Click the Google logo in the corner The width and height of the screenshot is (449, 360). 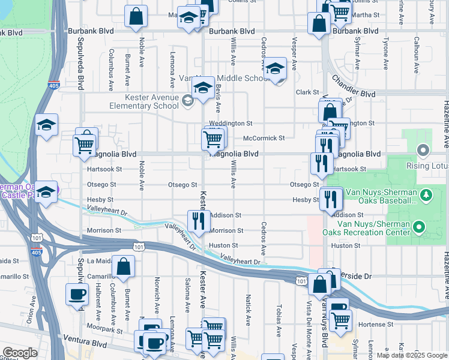(20, 353)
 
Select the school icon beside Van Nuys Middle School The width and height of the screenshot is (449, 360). (276, 70)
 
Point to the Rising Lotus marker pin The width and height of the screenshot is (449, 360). (424, 149)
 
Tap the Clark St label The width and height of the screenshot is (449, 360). (307, 92)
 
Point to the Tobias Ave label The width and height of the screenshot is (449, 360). (279, 323)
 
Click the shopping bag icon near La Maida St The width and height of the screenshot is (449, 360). (123, 268)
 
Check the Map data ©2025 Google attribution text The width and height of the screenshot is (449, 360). (412, 355)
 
